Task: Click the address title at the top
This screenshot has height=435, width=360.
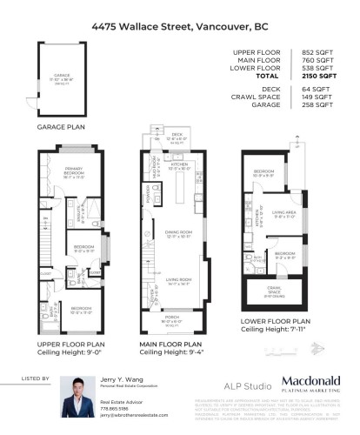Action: (179, 26)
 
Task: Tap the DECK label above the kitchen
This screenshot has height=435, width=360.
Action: (179, 136)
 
